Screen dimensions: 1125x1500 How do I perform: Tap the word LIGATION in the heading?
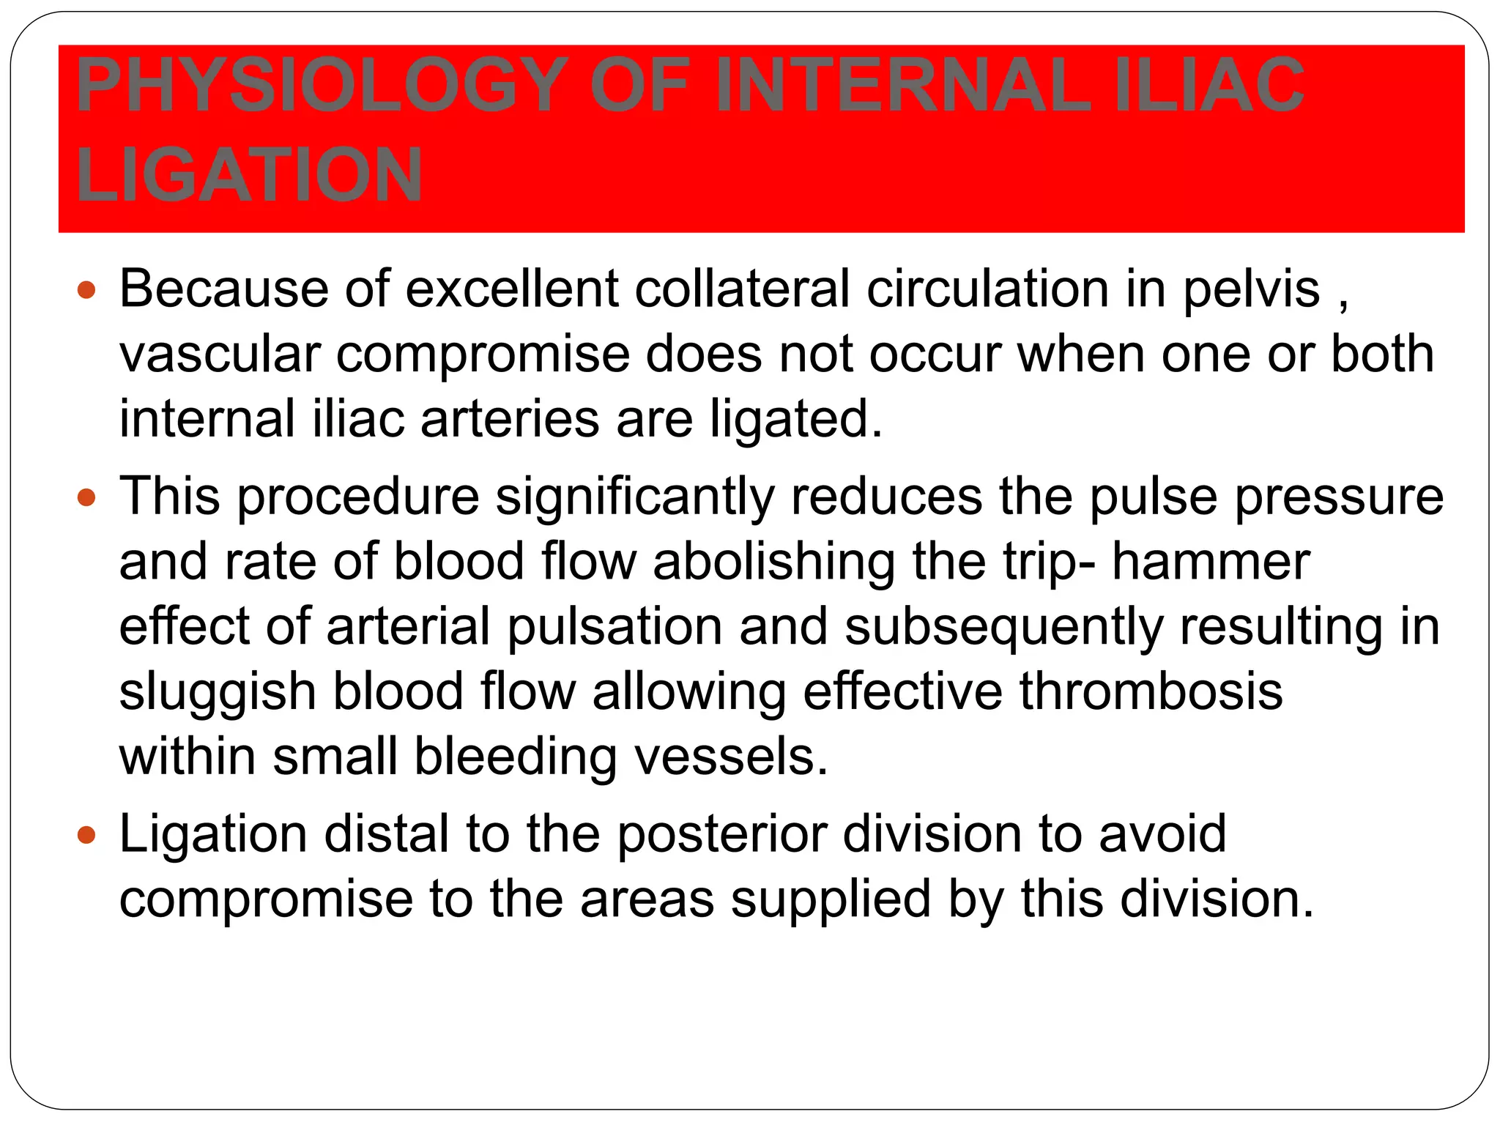point(249,176)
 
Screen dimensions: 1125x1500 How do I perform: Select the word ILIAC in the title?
point(1208,86)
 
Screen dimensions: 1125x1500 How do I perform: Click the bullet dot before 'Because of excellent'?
point(86,290)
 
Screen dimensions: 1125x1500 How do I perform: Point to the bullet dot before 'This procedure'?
point(86,499)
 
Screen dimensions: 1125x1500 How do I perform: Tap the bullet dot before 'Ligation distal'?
point(86,835)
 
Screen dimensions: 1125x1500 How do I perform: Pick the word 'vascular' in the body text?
point(220,354)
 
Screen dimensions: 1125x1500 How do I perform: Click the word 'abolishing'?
point(773,562)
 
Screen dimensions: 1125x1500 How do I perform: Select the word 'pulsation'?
point(615,628)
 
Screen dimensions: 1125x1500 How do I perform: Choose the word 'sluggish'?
point(217,693)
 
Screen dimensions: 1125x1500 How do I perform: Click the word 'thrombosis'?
point(1151,691)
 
